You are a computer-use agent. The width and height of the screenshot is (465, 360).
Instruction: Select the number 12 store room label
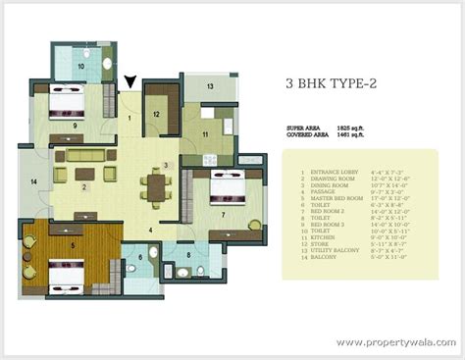click(x=156, y=114)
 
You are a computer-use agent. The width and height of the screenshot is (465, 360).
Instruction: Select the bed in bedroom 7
click(x=228, y=185)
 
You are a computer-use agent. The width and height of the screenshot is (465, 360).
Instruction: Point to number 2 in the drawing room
click(x=84, y=185)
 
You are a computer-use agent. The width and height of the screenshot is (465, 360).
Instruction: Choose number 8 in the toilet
click(x=189, y=257)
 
